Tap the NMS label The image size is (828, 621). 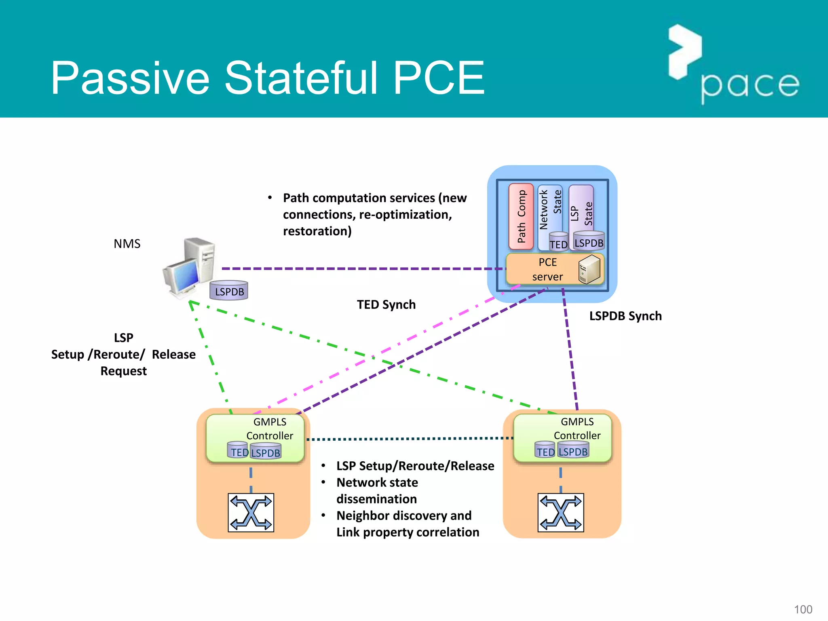click(x=127, y=244)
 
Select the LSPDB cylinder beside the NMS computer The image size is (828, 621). click(x=229, y=291)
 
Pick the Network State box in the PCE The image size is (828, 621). click(x=549, y=210)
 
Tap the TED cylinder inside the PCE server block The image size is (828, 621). click(x=559, y=242)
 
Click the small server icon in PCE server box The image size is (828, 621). click(x=589, y=269)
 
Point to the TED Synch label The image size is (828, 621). click(x=386, y=304)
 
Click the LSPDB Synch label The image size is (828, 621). click(x=625, y=316)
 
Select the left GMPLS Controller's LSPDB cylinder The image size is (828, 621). click(x=266, y=452)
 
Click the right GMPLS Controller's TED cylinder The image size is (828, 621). click(x=545, y=450)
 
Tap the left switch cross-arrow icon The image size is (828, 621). click(x=251, y=512)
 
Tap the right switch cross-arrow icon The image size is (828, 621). click(x=560, y=512)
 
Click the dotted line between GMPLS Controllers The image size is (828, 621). click(x=408, y=439)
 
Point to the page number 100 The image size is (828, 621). click(x=803, y=609)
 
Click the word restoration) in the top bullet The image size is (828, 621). click(x=317, y=231)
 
